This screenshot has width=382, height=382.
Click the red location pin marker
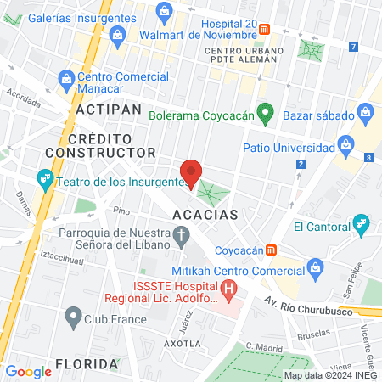[192, 173]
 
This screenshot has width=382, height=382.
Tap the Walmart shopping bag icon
[118, 34]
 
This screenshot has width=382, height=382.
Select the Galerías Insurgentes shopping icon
[164, 11]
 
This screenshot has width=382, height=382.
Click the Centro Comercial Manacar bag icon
[66, 79]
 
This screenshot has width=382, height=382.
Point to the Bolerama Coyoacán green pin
[265, 112]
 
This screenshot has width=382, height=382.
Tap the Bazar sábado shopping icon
[365, 111]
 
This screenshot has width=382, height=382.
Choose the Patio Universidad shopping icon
[345, 148]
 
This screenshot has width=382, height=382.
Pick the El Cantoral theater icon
[362, 226]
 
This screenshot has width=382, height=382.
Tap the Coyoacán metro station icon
[271, 250]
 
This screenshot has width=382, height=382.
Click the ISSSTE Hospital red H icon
[229, 291]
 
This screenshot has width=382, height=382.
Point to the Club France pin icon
[71, 319]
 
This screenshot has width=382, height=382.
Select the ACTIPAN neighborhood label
[106, 110]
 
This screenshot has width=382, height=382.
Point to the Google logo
[28, 371]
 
